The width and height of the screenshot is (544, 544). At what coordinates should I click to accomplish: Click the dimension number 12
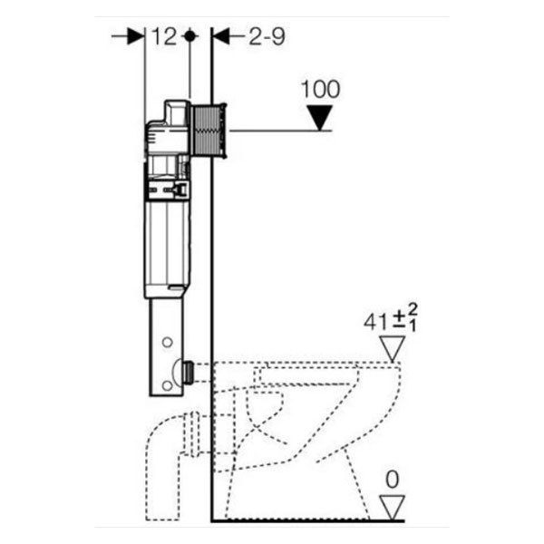[x=164, y=36]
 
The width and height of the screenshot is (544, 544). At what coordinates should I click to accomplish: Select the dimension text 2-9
[x=267, y=36]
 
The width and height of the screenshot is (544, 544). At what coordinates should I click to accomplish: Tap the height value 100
[x=321, y=89]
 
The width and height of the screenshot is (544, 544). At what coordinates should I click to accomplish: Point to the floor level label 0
[x=393, y=481]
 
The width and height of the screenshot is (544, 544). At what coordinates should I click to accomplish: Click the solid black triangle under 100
[x=320, y=118]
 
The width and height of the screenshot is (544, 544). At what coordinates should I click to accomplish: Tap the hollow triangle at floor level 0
[x=393, y=508]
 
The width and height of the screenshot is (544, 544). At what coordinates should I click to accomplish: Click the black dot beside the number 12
[x=189, y=36]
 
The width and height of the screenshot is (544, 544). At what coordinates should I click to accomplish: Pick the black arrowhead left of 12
[x=136, y=36]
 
